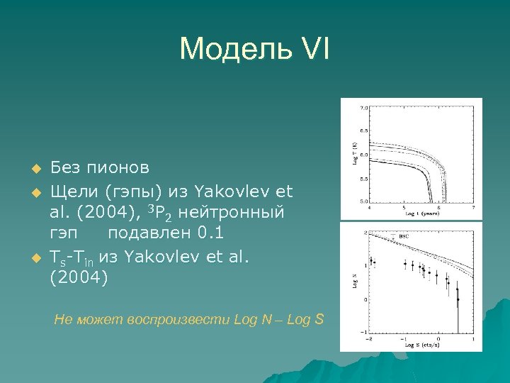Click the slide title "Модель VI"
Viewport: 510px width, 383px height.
[254, 49]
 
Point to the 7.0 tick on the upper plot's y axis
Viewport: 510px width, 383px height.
[363, 109]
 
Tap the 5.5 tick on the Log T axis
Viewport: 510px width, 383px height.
[363, 179]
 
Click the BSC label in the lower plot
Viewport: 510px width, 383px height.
[404, 235]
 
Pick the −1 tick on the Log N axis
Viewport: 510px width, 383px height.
[362, 332]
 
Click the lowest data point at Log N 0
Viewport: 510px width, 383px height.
[458, 299]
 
